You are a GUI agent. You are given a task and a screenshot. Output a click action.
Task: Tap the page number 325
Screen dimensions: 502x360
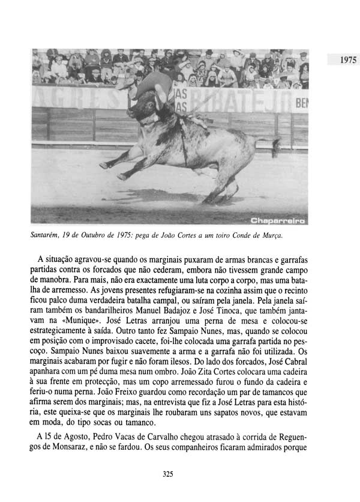pos(168,474)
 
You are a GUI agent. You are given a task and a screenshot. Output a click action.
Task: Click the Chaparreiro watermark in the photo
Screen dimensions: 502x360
pos(277,220)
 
